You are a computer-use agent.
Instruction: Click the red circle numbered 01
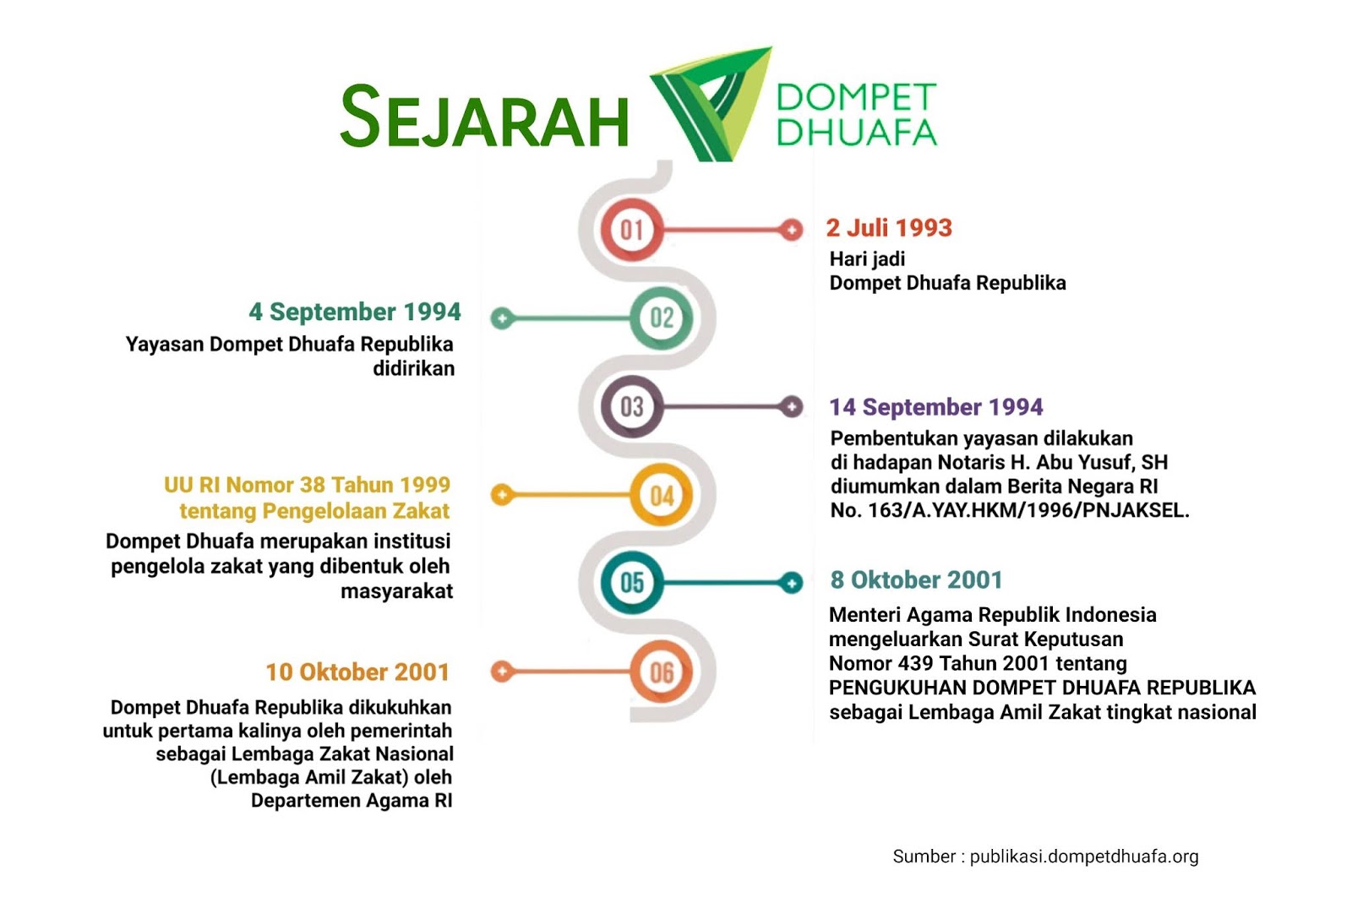(x=632, y=229)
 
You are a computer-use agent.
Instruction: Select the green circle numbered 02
(x=662, y=318)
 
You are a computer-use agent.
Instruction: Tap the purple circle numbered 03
(x=632, y=406)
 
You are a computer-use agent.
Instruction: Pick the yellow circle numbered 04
(x=662, y=495)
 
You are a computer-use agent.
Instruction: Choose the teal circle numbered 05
(x=632, y=582)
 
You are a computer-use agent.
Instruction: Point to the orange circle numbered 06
(x=662, y=672)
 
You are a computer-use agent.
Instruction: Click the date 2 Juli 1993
(x=889, y=228)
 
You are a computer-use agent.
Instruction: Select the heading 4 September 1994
(x=355, y=312)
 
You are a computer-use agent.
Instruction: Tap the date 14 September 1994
(x=936, y=407)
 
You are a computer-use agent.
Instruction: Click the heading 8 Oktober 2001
(x=916, y=580)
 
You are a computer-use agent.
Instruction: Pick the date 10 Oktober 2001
(x=357, y=672)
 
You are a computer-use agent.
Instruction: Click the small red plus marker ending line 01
(x=792, y=229)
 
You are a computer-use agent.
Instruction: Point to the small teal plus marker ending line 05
(x=792, y=582)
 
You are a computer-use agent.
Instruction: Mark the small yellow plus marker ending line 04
(x=502, y=495)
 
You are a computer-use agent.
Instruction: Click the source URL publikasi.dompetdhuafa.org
(x=1084, y=857)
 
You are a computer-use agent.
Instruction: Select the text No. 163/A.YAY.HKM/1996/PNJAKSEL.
(x=1010, y=510)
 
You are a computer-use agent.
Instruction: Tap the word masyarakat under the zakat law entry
(x=396, y=591)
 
